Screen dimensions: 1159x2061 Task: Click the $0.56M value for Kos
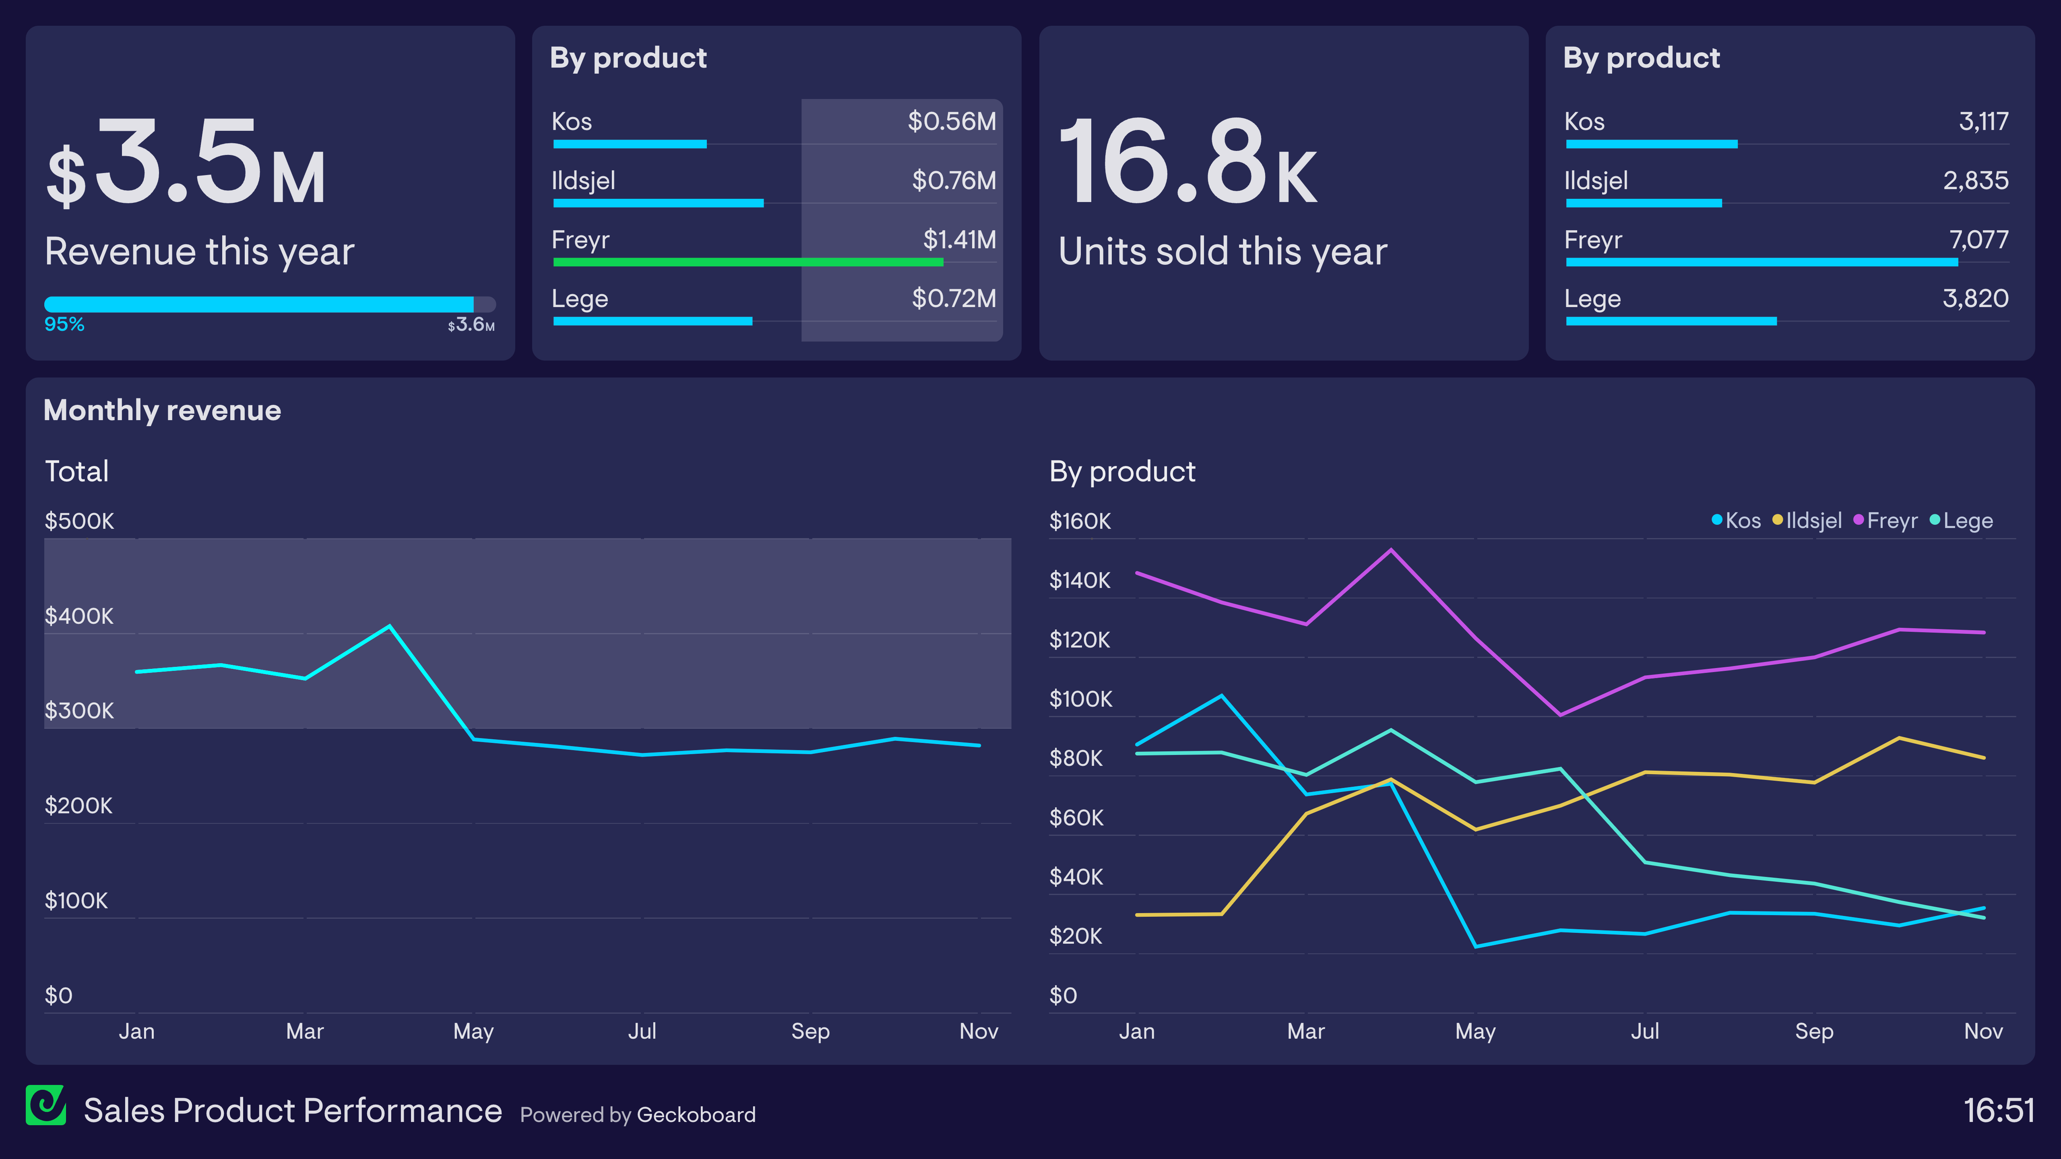click(951, 122)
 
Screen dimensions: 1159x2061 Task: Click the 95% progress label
click(64, 324)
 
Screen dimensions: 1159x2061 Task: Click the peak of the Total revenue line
click(390, 626)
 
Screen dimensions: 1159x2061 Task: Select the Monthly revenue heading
click(162, 410)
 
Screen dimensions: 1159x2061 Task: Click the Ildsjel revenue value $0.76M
click(954, 181)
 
